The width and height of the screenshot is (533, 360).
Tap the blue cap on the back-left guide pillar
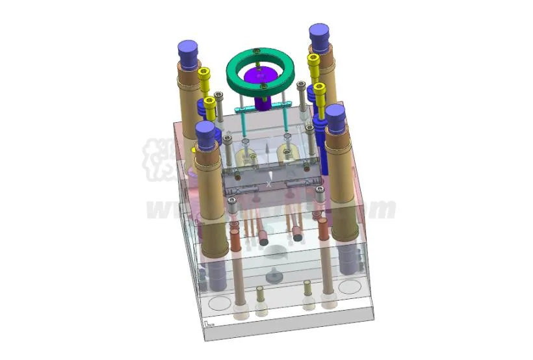coord(188,50)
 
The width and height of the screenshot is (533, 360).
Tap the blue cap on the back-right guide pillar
coord(319,33)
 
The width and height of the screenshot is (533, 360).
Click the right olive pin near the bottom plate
coord(307,289)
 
